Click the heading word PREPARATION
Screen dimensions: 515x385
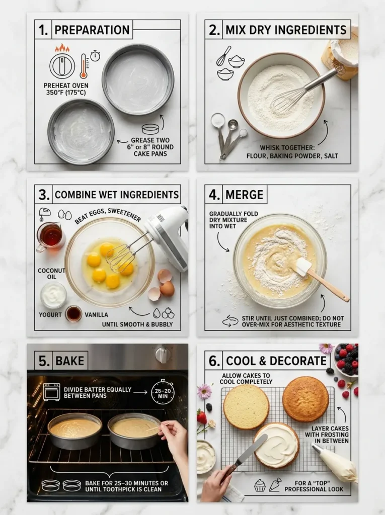92,29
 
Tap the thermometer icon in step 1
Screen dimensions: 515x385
84,66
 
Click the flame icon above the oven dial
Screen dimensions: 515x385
62,48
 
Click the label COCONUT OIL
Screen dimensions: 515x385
52,274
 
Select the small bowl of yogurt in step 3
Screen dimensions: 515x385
53,295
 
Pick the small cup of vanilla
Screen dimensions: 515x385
74,314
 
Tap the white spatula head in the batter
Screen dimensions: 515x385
303,267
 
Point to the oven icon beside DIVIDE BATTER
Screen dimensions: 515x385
51,391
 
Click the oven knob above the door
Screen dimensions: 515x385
163,354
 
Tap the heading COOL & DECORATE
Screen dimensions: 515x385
276,361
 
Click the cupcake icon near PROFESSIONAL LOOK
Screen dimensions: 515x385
260,485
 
